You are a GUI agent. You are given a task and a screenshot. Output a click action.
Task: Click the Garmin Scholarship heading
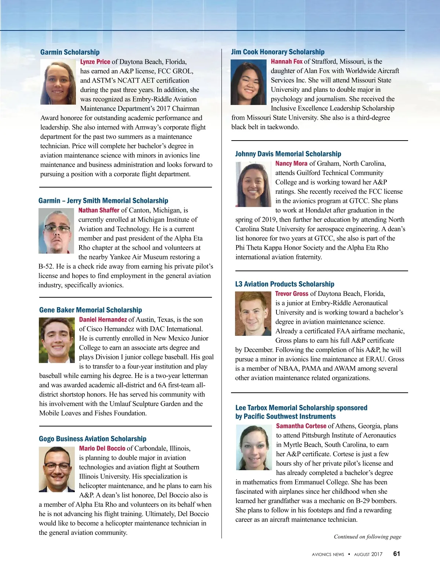(x=70, y=52)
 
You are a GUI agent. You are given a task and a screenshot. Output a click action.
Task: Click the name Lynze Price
(x=95, y=62)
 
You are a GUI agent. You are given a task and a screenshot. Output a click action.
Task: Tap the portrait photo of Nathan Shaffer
(x=56, y=230)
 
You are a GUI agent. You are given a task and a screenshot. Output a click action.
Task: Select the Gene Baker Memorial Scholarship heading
(x=91, y=310)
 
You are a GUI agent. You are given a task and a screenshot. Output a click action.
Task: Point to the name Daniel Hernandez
(x=103, y=319)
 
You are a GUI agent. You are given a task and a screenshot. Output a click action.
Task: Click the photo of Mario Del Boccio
(x=57, y=469)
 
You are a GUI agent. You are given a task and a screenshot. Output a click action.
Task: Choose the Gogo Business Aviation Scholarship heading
(x=92, y=439)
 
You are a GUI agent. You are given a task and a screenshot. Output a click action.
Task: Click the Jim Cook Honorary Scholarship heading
(x=278, y=52)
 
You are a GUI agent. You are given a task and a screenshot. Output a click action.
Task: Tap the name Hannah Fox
(x=286, y=61)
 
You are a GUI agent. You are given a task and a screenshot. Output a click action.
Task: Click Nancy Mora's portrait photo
(x=253, y=184)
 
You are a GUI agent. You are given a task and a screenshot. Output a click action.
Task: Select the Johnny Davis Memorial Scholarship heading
(x=288, y=154)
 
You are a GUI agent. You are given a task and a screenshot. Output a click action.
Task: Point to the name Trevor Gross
(x=291, y=294)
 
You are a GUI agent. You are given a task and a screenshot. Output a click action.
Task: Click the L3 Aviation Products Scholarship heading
(x=285, y=284)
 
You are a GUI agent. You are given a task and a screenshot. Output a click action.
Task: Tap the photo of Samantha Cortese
(x=254, y=447)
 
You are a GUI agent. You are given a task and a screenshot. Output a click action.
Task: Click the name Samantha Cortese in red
(x=301, y=426)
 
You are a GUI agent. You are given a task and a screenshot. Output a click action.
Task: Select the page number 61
(x=396, y=554)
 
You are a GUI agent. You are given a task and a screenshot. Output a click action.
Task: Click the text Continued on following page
(x=367, y=537)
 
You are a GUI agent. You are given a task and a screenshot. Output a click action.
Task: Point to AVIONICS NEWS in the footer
(x=328, y=555)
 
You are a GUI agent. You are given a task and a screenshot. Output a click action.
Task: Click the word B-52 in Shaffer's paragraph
(x=46, y=266)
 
